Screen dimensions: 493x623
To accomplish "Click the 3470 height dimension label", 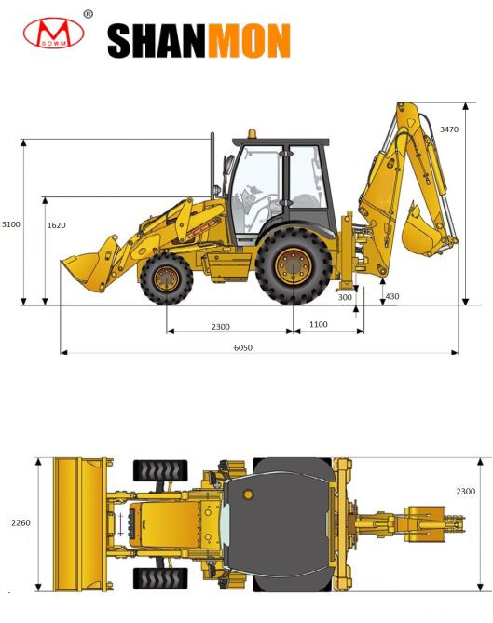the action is point(449,129).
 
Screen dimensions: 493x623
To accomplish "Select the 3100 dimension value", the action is point(11,224).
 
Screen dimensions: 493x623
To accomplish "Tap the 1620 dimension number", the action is point(57,225).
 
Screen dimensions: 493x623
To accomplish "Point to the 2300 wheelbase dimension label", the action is point(221,327).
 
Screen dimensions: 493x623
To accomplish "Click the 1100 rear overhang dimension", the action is point(319,324).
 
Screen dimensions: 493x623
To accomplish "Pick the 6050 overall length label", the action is point(243,347).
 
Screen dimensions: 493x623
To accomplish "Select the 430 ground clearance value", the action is point(392,296).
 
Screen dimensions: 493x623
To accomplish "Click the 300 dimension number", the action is point(345,297).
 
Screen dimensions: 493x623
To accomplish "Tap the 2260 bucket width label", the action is point(21,522).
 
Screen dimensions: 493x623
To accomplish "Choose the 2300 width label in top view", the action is point(466,492).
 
